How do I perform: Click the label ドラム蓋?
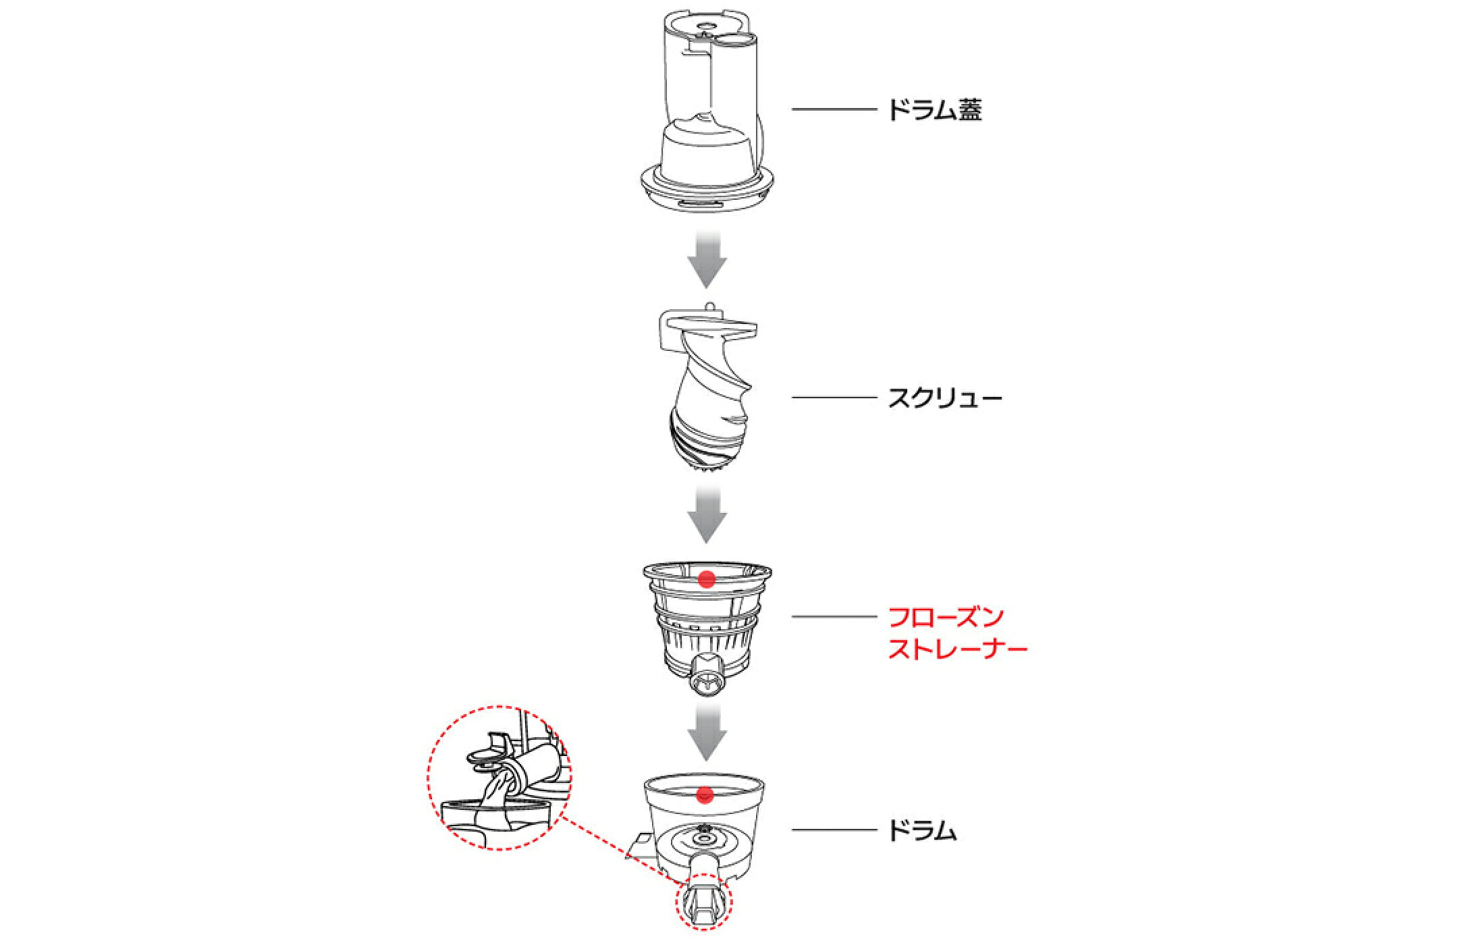[x=934, y=109]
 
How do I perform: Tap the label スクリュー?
[x=944, y=398]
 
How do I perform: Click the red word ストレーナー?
[x=957, y=649]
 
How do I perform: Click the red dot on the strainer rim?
[x=707, y=578]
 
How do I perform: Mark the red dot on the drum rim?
[x=705, y=794]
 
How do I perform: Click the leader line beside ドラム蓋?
[x=833, y=109]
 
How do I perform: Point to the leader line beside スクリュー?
[x=833, y=398]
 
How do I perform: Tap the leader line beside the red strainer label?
[x=833, y=616]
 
